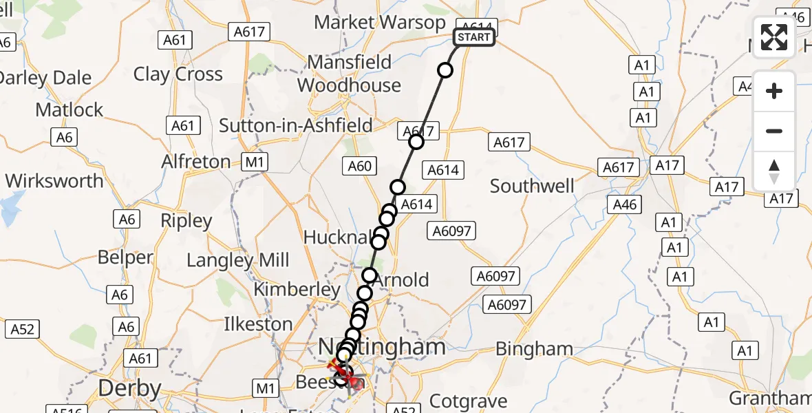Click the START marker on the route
coord(474,37)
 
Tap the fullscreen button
coord(774,37)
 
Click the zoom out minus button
coord(774,131)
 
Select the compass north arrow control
coord(774,171)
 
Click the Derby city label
coord(129,388)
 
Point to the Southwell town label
coord(533,186)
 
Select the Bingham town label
coord(534,349)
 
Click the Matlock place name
coord(69,109)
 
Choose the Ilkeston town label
coord(258,324)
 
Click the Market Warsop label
coord(380,22)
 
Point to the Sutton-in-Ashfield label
coord(296,125)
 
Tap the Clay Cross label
coord(178,74)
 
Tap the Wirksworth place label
coord(54,181)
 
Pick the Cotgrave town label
coord(468,401)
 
